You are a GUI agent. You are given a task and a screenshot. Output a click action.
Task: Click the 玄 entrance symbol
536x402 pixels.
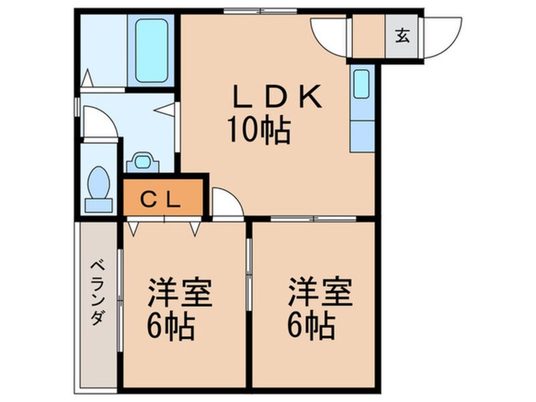click(x=402, y=36)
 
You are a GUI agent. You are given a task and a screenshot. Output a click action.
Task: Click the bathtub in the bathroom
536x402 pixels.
click(x=151, y=50)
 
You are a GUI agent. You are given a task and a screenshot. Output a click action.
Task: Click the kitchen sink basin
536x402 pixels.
click(x=361, y=84)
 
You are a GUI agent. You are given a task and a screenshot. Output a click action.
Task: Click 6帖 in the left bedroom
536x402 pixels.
click(x=171, y=327)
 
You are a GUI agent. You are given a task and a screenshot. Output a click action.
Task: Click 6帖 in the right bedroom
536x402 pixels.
click(x=311, y=327)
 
